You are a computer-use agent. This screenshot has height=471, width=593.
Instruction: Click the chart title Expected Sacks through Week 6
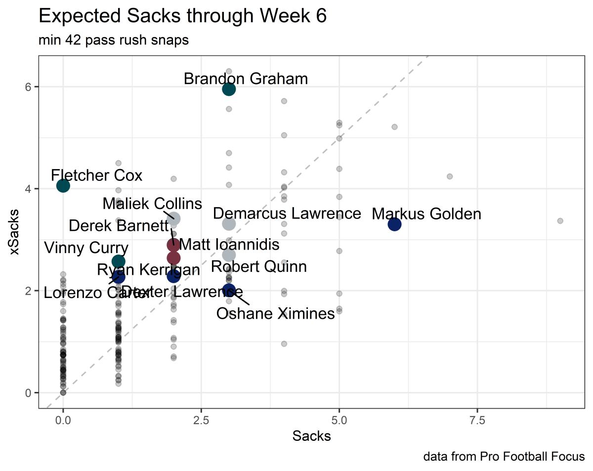click(182, 17)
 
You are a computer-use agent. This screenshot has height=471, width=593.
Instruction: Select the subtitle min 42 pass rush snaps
click(113, 41)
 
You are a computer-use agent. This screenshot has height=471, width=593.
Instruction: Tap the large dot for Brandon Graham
click(229, 89)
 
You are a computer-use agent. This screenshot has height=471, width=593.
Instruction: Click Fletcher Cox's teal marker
click(63, 186)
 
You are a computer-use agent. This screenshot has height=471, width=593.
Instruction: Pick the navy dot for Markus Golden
click(394, 224)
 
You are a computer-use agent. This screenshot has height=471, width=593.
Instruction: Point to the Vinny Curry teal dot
click(118, 261)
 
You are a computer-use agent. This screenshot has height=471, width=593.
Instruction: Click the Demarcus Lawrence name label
click(287, 214)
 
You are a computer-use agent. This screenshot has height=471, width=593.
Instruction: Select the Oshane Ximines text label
click(276, 313)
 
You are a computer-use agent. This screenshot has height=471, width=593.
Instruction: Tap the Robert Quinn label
click(259, 267)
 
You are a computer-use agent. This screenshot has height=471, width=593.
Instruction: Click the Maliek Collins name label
click(152, 204)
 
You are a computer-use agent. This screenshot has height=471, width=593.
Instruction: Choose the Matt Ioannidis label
click(229, 245)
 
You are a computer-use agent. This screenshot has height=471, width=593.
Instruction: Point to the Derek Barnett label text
click(119, 226)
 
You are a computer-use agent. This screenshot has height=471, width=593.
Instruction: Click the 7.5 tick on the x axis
click(477, 421)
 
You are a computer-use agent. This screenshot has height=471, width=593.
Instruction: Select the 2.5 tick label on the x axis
click(201, 421)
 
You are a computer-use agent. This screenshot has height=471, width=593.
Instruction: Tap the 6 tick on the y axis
click(29, 86)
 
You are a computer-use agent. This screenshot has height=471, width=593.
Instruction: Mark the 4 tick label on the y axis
click(29, 189)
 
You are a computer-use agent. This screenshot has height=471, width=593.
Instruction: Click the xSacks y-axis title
click(15, 232)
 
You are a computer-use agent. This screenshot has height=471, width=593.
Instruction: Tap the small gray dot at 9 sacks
click(560, 221)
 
